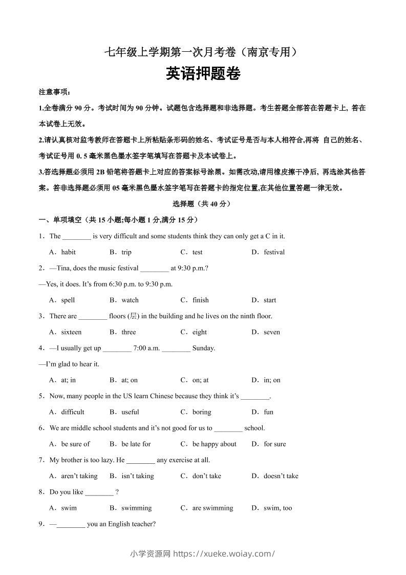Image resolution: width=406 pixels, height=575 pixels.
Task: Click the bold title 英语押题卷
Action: (x=203, y=75)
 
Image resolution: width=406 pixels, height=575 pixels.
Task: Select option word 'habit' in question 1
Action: (x=68, y=252)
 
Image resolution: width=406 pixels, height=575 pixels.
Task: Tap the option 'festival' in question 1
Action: (x=274, y=252)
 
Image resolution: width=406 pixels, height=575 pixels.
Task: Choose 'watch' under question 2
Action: (x=130, y=300)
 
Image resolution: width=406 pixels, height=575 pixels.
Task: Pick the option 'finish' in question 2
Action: (x=201, y=300)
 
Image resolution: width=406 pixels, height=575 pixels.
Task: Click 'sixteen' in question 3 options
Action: (x=71, y=332)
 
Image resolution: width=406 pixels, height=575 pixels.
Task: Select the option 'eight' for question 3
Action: (x=200, y=332)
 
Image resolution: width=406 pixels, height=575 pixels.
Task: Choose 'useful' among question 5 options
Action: (x=130, y=412)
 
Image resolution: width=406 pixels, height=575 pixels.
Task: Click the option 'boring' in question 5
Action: (x=202, y=412)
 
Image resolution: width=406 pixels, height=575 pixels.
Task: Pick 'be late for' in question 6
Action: (x=136, y=444)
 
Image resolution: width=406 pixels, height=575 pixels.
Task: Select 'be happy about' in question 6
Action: (x=215, y=444)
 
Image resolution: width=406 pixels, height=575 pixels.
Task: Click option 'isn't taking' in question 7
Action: (x=138, y=476)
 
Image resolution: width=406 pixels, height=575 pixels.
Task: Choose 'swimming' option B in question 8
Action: (x=137, y=508)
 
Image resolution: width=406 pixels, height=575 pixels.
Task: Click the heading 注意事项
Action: (x=54, y=92)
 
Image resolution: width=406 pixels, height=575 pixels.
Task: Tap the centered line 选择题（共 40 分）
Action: (x=203, y=204)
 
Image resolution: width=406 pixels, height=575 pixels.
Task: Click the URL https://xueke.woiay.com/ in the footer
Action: (x=224, y=553)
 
